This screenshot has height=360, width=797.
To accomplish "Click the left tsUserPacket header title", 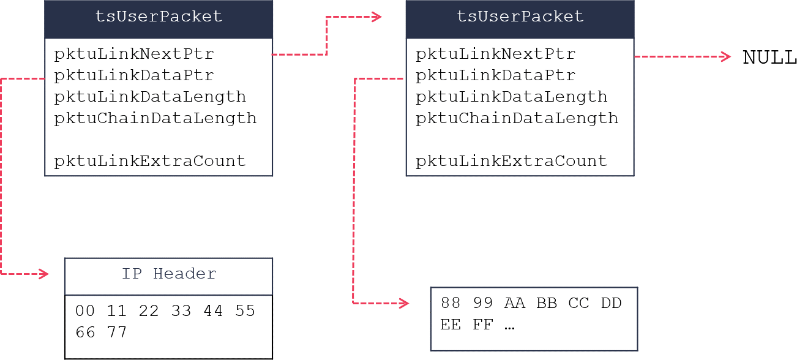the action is click(x=159, y=17).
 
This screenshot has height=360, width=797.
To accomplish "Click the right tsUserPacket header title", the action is click(x=520, y=17).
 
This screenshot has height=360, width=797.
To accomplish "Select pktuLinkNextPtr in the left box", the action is click(x=134, y=54).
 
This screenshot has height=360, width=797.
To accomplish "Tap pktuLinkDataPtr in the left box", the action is click(x=134, y=75).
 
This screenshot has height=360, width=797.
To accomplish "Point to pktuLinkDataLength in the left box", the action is click(x=150, y=97).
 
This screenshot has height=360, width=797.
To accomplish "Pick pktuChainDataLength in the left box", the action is click(x=155, y=118).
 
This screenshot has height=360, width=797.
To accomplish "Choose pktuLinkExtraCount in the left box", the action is click(x=150, y=161).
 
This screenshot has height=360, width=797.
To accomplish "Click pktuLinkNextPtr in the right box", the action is click(x=495, y=54).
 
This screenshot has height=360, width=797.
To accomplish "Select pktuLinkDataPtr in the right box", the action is click(x=495, y=75).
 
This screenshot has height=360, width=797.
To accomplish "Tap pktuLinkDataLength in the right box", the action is click(x=511, y=97).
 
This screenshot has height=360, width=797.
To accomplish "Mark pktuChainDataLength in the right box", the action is click(x=517, y=118).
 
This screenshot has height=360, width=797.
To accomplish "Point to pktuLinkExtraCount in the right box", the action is click(x=511, y=161).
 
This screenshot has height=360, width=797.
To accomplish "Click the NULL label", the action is click(x=769, y=58).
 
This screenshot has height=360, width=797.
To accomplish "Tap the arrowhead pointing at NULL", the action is click(x=726, y=56).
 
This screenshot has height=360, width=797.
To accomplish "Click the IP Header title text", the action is click(x=169, y=274).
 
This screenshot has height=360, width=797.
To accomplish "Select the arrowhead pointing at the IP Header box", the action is click(x=43, y=274).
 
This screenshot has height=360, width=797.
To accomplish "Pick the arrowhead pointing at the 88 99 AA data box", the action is click(x=404, y=303).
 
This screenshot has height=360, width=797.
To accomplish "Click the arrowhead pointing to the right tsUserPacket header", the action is click(x=377, y=17).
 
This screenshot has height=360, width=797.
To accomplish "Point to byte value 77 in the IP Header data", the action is click(x=117, y=332).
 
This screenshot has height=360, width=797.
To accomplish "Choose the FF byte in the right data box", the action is click(x=482, y=324).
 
